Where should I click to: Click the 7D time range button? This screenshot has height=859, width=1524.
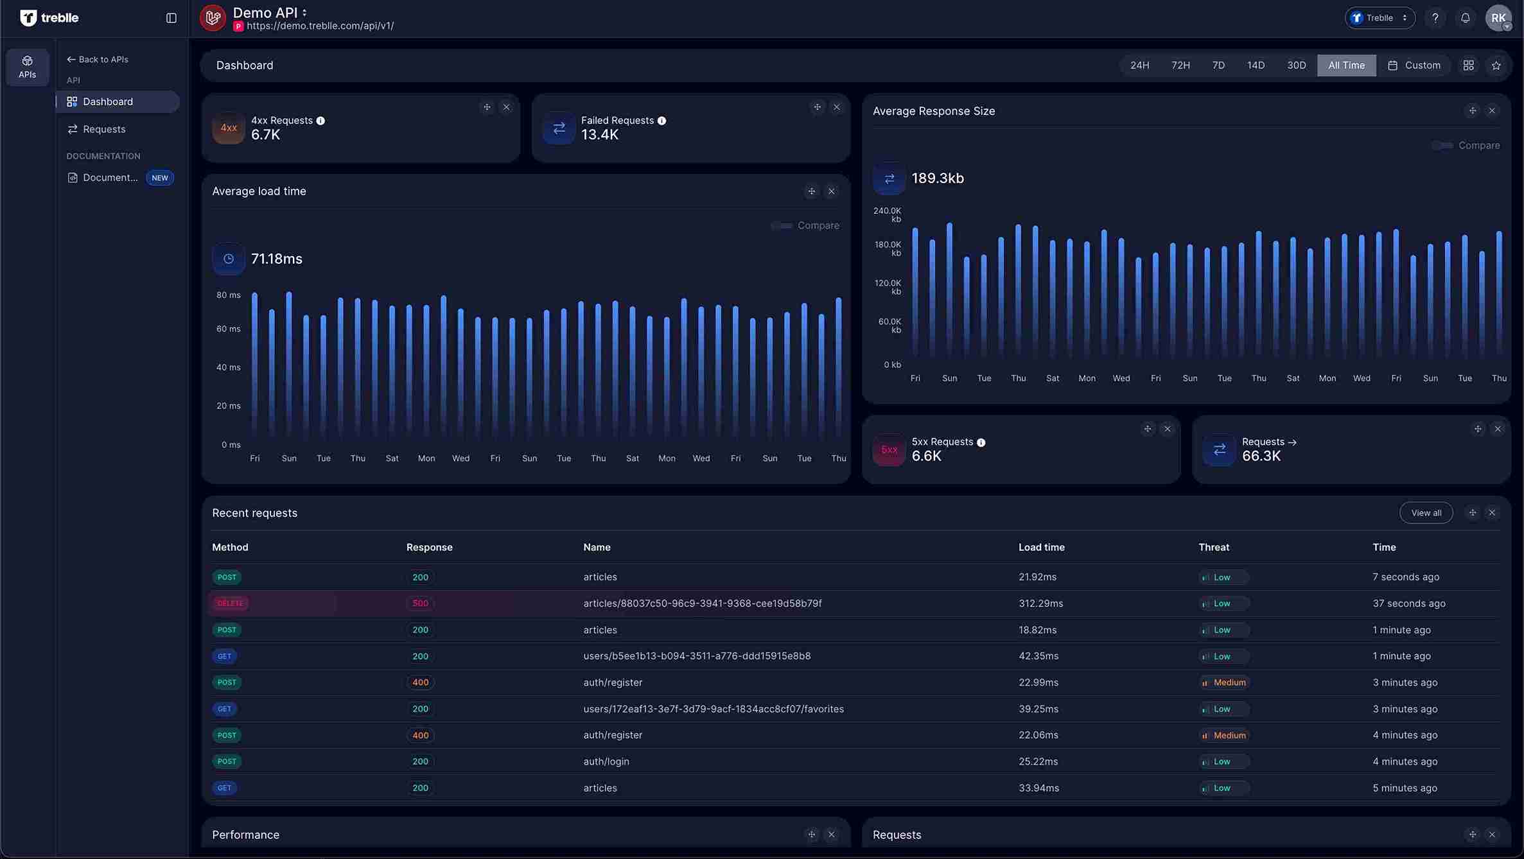point(1218,65)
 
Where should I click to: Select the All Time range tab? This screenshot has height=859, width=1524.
point(1346,65)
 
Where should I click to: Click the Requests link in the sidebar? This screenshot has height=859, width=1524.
point(104,129)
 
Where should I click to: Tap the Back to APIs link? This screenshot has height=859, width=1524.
point(98,60)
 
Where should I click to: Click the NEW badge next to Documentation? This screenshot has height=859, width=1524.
point(160,178)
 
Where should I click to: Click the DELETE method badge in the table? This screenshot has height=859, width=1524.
point(230,603)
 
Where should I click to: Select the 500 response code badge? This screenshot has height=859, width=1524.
point(420,603)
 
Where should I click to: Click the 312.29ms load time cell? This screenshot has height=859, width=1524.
point(1040,603)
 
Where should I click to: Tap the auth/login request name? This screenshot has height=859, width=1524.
point(606,761)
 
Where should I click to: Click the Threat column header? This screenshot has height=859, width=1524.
point(1213,548)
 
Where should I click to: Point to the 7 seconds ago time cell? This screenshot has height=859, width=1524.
point(1405,577)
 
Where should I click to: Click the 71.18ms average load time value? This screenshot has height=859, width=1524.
point(276,259)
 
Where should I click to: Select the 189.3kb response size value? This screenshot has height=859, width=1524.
point(937,178)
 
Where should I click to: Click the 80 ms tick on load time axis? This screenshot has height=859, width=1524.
point(228,295)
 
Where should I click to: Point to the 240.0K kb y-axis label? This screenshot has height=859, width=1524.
point(888,215)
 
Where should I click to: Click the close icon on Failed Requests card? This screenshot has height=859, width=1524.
point(836,107)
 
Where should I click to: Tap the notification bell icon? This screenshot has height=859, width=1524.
point(1465,18)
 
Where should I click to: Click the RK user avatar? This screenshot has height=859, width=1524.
point(1498,18)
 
